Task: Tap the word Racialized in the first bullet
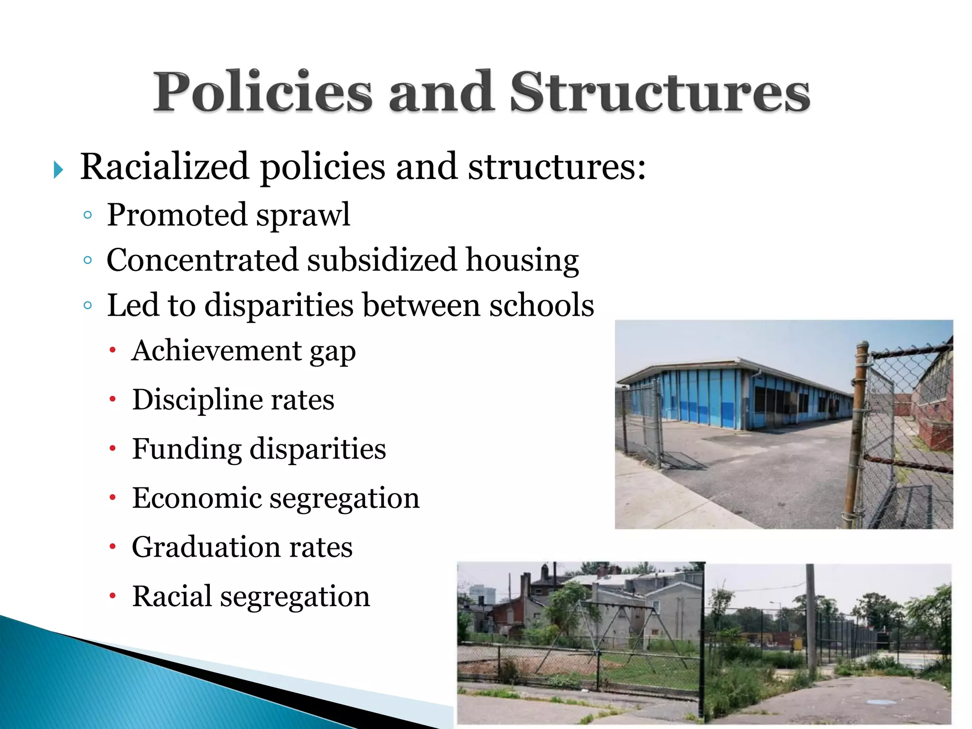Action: pyautogui.click(x=164, y=167)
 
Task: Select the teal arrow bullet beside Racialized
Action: pyautogui.click(x=58, y=170)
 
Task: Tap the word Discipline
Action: pyautogui.click(x=197, y=400)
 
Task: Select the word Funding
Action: pyautogui.click(x=187, y=449)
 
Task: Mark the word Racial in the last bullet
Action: pyautogui.click(x=172, y=596)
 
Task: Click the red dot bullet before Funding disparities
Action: pyautogui.click(x=112, y=449)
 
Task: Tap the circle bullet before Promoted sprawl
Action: pyautogui.click(x=87, y=215)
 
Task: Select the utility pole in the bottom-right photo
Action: pyautogui.click(x=811, y=617)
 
